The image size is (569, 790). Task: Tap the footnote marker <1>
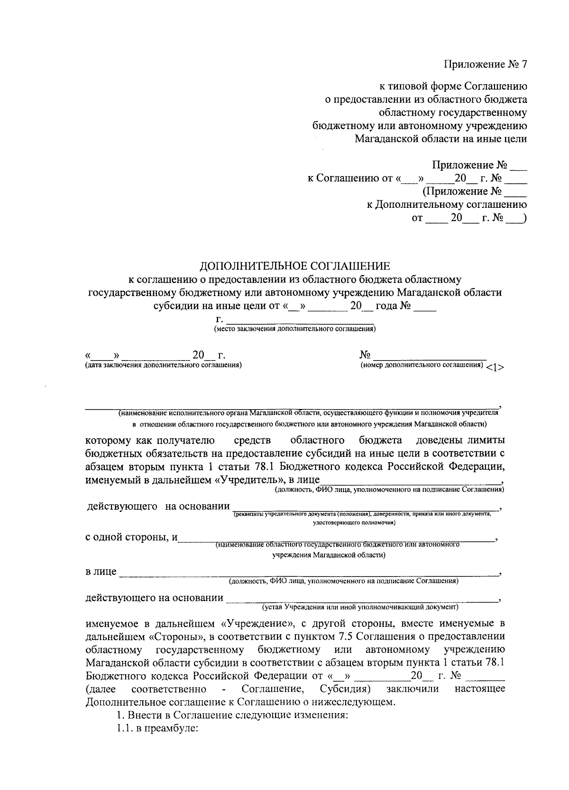495,368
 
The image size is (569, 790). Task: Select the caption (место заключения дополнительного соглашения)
294,328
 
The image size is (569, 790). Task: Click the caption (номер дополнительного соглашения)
422,365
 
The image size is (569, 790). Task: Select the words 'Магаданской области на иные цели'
441,139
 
